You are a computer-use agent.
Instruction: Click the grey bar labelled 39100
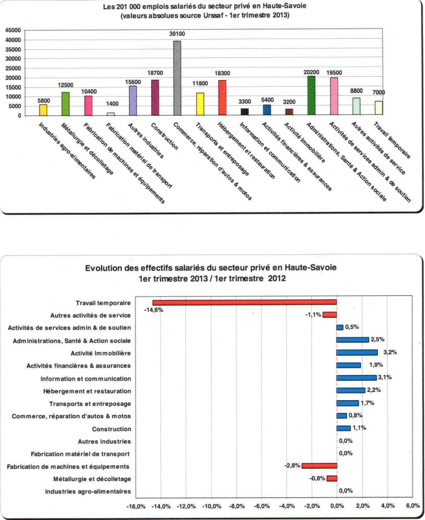click(177, 78)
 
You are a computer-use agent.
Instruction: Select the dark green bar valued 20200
click(311, 95)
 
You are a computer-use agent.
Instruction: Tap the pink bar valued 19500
click(334, 96)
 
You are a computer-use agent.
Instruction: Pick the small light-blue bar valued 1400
click(110, 114)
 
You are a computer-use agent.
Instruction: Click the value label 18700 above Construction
click(155, 73)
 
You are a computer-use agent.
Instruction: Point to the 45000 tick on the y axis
click(13, 30)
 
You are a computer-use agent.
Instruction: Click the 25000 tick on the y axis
click(13, 69)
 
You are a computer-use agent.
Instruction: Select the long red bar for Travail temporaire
click(245, 303)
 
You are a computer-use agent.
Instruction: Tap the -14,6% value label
click(153, 310)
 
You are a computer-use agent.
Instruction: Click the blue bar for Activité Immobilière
click(357, 352)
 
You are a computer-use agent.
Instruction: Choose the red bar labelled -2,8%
click(319, 466)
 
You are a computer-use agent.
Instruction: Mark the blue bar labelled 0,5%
click(340, 328)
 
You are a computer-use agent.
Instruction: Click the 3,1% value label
click(384, 377)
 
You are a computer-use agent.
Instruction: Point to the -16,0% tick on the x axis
click(136, 506)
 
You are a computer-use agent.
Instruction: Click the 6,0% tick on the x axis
click(412, 506)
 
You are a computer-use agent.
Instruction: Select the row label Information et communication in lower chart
click(86, 379)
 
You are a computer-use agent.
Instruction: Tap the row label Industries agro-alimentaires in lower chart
click(88, 492)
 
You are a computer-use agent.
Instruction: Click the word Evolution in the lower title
click(102, 268)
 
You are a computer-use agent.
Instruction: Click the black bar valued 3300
click(244, 112)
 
